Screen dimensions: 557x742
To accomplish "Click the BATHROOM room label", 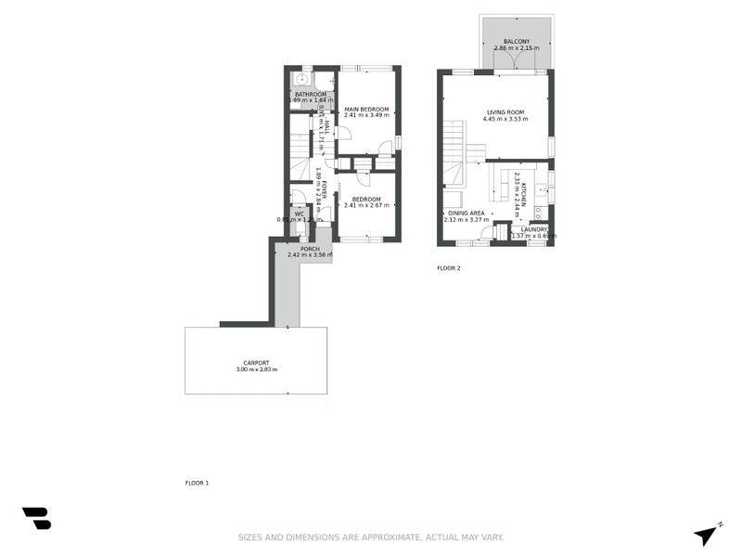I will (x=311, y=94).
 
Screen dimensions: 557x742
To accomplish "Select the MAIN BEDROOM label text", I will (x=366, y=109).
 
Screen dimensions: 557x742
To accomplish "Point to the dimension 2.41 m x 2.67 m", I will (x=366, y=205).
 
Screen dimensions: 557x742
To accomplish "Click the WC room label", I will (x=299, y=214).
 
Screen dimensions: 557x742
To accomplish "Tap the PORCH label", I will (x=309, y=248).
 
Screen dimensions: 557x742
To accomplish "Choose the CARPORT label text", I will (x=256, y=363).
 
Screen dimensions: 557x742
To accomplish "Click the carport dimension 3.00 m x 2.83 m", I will (x=256, y=370).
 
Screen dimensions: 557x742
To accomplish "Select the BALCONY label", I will (x=517, y=42).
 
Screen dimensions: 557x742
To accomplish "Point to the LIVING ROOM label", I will (x=505, y=112).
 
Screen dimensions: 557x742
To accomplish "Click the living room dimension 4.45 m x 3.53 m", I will (x=505, y=120).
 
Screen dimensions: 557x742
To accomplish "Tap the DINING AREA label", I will (x=465, y=214).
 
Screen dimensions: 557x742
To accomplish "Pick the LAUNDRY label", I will (x=533, y=229).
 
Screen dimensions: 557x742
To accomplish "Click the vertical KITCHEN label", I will (x=524, y=190).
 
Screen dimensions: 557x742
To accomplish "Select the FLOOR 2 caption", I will (x=449, y=268).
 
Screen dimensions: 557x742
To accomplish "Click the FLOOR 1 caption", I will (x=197, y=483).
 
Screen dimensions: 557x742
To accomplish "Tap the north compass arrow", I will (x=707, y=535).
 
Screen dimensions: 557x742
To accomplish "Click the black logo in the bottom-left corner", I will (x=36, y=518).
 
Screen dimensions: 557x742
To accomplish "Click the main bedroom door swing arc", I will (x=344, y=133).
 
